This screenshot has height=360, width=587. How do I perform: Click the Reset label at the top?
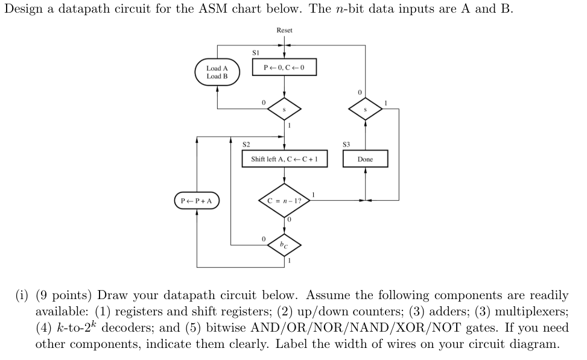[x=284, y=30]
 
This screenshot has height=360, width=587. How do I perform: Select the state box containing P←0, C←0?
[x=284, y=67]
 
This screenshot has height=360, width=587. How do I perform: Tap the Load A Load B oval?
[x=217, y=72]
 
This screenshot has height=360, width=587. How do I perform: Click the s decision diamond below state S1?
[x=284, y=109]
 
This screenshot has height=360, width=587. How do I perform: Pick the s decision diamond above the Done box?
[x=365, y=109]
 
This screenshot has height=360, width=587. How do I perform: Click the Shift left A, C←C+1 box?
[x=284, y=159]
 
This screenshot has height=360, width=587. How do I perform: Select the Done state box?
[x=365, y=159]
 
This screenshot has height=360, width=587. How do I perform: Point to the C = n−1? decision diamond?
[x=284, y=200]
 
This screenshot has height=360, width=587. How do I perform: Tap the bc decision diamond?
[x=284, y=244]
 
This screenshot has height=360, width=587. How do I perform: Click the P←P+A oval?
[x=197, y=200]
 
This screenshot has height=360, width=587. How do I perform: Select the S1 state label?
[x=255, y=53]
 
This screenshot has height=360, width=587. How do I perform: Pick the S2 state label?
[x=246, y=145]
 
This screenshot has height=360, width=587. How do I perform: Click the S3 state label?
[x=346, y=145]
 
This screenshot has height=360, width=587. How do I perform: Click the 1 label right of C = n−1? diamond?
[x=314, y=193]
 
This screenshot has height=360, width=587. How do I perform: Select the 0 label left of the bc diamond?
[x=264, y=239]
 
